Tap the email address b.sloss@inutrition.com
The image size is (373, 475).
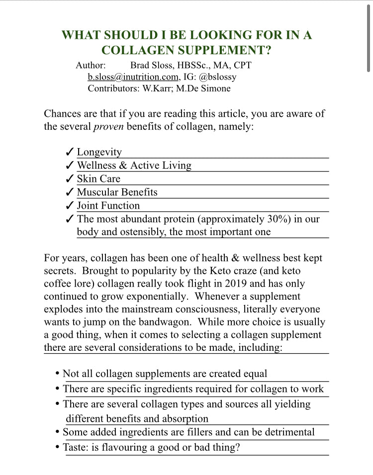pyautogui.click(x=133, y=77)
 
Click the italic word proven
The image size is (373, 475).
pyautogui.click(x=108, y=127)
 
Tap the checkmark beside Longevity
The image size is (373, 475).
pyautogui.click(x=70, y=153)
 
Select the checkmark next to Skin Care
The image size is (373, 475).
pyautogui.click(x=70, y=179)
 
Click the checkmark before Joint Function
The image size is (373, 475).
pyautogui.click(x=70, y=206)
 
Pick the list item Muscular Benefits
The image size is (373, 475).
pyautogui.click(x=117, y=192)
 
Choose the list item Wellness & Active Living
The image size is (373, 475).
pyautogui.click(x=134, y=166)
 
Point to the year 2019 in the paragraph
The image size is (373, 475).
pyautogui.click(x=252, y=284)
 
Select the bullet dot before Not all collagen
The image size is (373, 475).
pyautogui.click(x=58, y=373)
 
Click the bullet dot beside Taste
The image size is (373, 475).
pyautogui.click(x=58, y=447)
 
